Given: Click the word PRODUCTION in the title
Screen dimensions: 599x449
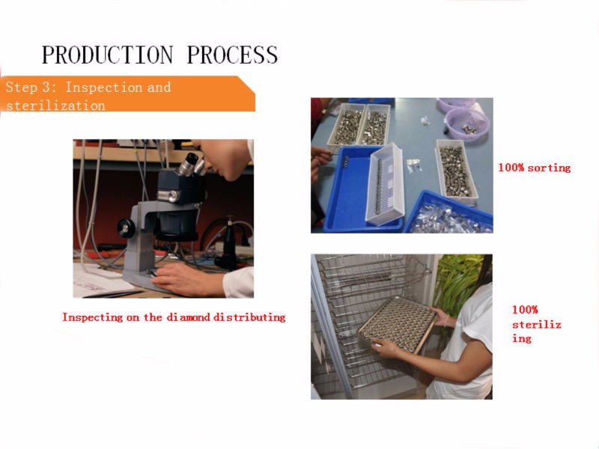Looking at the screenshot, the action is [x=107, y=55].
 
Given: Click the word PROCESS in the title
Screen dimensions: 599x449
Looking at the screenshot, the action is [x=232, y=55].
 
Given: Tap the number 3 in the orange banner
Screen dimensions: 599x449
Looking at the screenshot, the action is [x=46, y=87].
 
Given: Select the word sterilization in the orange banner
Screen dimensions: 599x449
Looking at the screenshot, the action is [x=55, y=106].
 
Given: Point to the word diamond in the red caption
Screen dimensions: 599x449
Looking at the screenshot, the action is [x=189, y=317].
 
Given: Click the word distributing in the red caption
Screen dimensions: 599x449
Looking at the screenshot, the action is [x=249, y=317].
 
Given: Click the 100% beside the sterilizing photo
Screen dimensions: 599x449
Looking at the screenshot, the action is [x=525, y=309].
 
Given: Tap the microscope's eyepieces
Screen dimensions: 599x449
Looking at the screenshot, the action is [x=193, y=165].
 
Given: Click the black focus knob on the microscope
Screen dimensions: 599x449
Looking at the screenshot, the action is [x=126, y=228].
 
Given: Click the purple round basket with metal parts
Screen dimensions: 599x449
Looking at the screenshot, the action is [x=467, y=123].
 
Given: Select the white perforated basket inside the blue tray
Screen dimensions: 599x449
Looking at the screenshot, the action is [x=385, y=183].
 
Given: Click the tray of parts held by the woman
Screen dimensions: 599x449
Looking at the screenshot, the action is [x=398, y=324].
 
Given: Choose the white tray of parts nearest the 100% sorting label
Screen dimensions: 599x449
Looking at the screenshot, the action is [x=457, y=172].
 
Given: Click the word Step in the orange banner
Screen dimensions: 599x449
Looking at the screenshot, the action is [x=22, y=88].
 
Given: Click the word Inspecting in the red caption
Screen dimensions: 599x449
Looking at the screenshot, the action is [x=92, y=317].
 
